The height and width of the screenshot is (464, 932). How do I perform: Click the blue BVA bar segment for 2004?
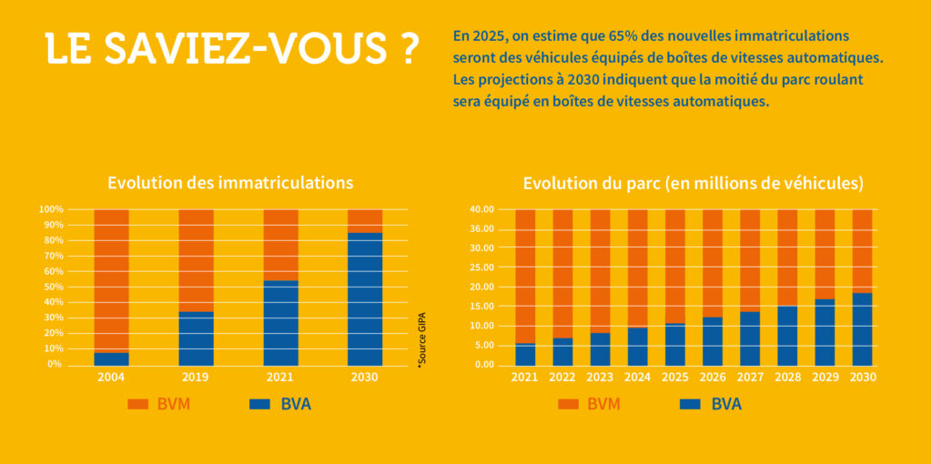point(111,358)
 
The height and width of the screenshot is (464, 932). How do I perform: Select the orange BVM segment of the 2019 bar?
point(196,260)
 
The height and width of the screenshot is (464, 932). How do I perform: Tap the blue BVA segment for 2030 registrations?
point(365,298)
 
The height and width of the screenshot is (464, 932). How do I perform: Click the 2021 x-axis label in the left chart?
point(280,377)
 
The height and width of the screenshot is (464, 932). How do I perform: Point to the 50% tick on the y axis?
point(51,287)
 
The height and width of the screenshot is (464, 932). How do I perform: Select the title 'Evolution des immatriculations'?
point(230,182)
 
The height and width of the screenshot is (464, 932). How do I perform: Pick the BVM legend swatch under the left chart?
point(138,404)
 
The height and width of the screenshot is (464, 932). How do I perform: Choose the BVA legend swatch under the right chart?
point(690,404)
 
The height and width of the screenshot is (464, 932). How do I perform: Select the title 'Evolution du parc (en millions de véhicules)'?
point(693,183)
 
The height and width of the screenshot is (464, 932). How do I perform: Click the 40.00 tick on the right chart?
point(482,209)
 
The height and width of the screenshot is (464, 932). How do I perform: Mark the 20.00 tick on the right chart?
point(482,287)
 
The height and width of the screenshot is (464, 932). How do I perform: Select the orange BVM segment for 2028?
point(787,257)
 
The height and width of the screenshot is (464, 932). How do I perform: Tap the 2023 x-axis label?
point(600,377)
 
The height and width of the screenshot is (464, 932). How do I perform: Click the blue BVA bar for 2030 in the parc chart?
point(862,328)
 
